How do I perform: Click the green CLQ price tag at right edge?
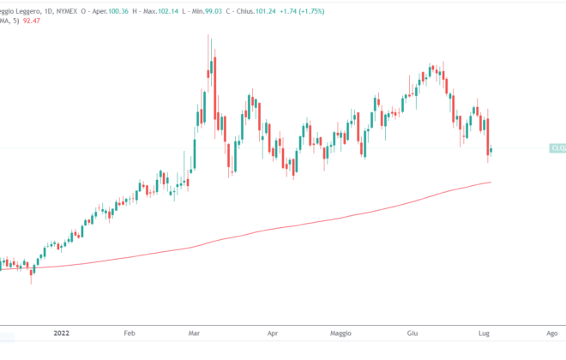(557, 148)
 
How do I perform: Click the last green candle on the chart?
(491, 151)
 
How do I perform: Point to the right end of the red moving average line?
(491, 182)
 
